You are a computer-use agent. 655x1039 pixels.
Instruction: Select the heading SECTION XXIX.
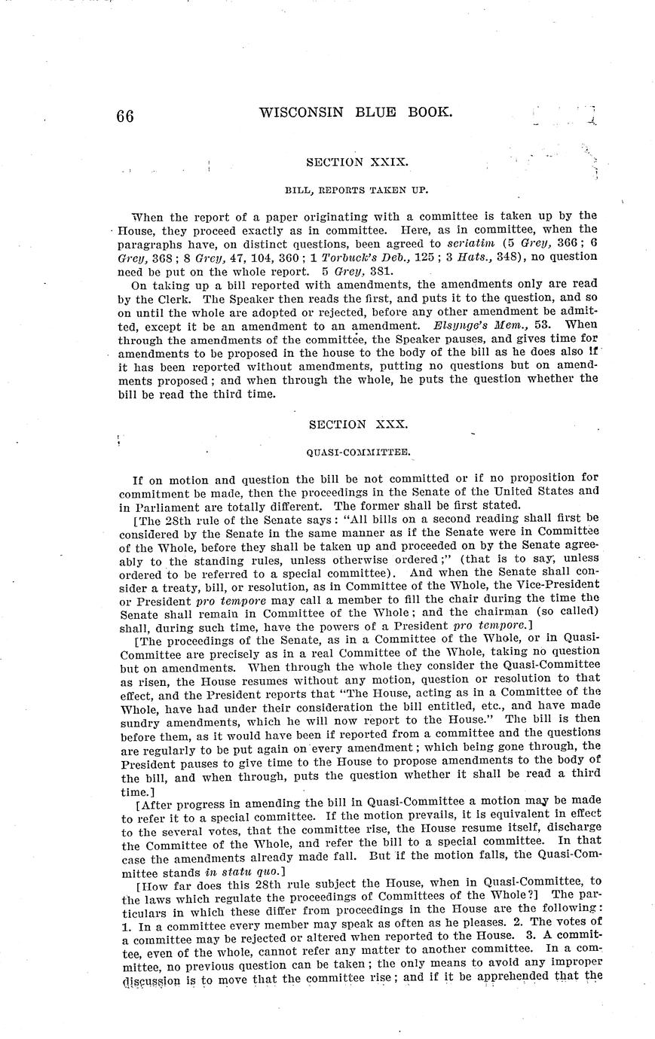(357, 162)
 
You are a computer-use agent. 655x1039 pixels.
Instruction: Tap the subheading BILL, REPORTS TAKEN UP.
(357, 190)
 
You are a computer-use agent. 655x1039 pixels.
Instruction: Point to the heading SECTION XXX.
(358, 424)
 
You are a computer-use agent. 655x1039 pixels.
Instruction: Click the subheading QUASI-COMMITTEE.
(358, 452)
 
